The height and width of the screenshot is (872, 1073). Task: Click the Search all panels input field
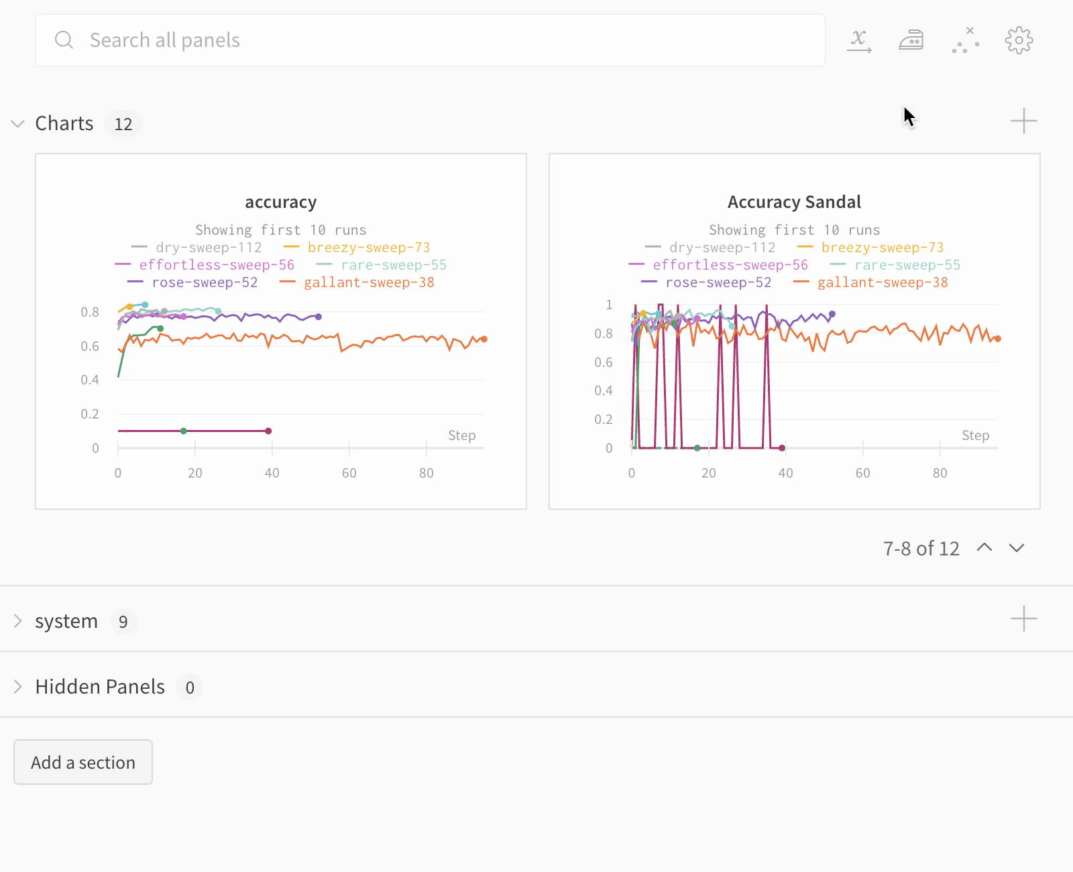coord(429,40)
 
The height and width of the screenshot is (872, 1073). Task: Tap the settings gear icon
coord(1019,40)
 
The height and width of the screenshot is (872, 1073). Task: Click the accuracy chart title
coord(280,203)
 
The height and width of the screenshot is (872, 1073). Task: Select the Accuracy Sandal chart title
coord(794,203)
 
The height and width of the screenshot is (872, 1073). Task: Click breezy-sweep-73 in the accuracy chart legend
coord(368,248)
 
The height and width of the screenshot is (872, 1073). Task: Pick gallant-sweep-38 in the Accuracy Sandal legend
coord(882,282)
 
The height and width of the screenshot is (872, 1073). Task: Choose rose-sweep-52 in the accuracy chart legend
coord(205,282)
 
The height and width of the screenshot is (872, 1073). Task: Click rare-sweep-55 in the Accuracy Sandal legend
coord(907,265)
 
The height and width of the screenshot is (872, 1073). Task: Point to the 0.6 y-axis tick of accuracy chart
coord(90,346)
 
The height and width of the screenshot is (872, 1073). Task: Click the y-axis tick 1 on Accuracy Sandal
coord(609,305)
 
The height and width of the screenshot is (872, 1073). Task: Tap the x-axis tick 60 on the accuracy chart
coord(349,473)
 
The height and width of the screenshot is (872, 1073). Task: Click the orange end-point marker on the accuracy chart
coord(484,339)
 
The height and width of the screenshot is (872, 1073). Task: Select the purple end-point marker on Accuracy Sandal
coord(832,314)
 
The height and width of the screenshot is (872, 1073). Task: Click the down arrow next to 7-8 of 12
coord(1017,548)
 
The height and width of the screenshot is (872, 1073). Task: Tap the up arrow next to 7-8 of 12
coord(984,548)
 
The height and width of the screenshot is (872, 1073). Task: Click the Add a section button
coord(83,762)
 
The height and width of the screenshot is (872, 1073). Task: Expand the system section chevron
coord(18,621)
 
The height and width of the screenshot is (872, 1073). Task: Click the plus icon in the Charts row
coord(1023,121)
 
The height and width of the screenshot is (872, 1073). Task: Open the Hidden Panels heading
coord(100,687)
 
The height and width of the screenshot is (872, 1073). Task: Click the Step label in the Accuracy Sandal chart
coord(975,435)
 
